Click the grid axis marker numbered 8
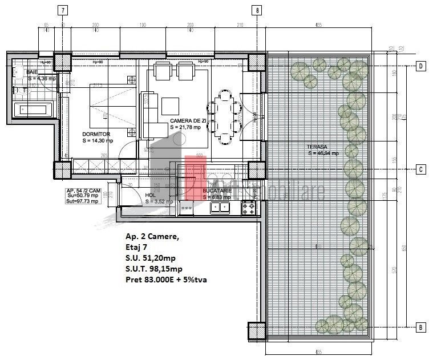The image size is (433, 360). (258, 10)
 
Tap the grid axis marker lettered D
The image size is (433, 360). (420, 67)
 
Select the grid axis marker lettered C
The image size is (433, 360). (420, 169)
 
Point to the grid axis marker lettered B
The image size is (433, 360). (420, 327)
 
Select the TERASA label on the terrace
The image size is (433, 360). (323, 147)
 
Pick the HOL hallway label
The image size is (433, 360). (150, 195)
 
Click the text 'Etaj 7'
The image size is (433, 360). (137, 248)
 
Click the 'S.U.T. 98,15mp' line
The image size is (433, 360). (157, 269)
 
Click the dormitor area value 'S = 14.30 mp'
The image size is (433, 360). (98, 140)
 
